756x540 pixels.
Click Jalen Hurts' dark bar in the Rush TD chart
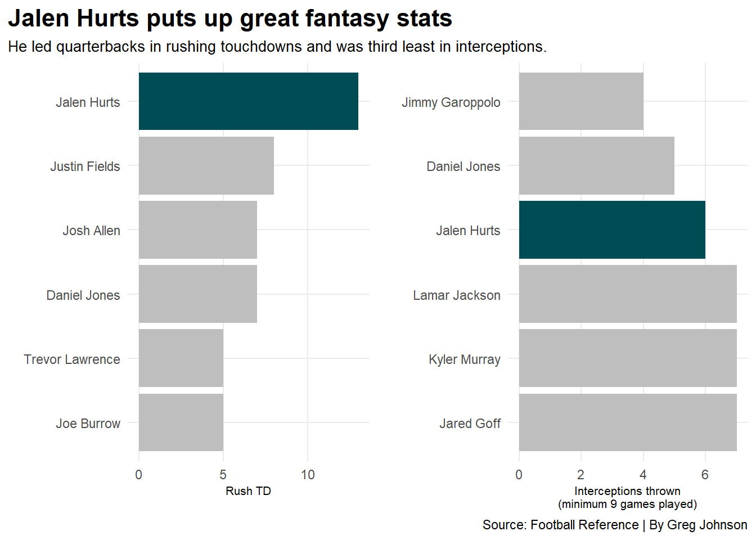[x=248, y=101]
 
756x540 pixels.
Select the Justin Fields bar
[x=206, y=166]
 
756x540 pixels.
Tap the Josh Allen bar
[x=197, y=230]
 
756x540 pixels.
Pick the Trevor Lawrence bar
[x=181, y=358]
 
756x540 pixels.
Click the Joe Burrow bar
[x=181, y=422]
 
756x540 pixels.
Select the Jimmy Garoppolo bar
[x=580, y=101]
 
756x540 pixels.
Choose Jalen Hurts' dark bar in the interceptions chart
[x=611, y=230]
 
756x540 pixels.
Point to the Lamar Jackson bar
[x=627, y=294]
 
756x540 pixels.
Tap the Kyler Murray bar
[x=627, y=358]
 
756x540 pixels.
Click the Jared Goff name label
[x=470, y=424]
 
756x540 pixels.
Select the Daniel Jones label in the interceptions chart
[x=463, y=166]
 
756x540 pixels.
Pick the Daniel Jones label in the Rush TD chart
[x=83, y=295]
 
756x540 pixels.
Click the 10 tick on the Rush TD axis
[x=308, y=475]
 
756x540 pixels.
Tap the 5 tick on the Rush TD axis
[x=223, y=475]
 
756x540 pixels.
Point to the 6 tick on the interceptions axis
[x=705, y=475]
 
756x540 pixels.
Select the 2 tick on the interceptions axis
[x=580, y=475]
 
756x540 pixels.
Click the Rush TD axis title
[x=248, y=491]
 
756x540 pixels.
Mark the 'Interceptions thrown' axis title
[x=627, y=492]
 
